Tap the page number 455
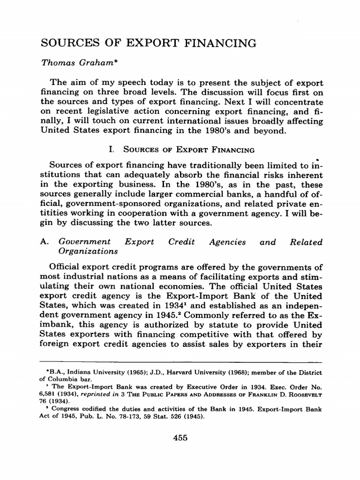tap(180, 438)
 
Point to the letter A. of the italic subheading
tap(46, 242)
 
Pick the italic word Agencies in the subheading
tap(228, 242)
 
